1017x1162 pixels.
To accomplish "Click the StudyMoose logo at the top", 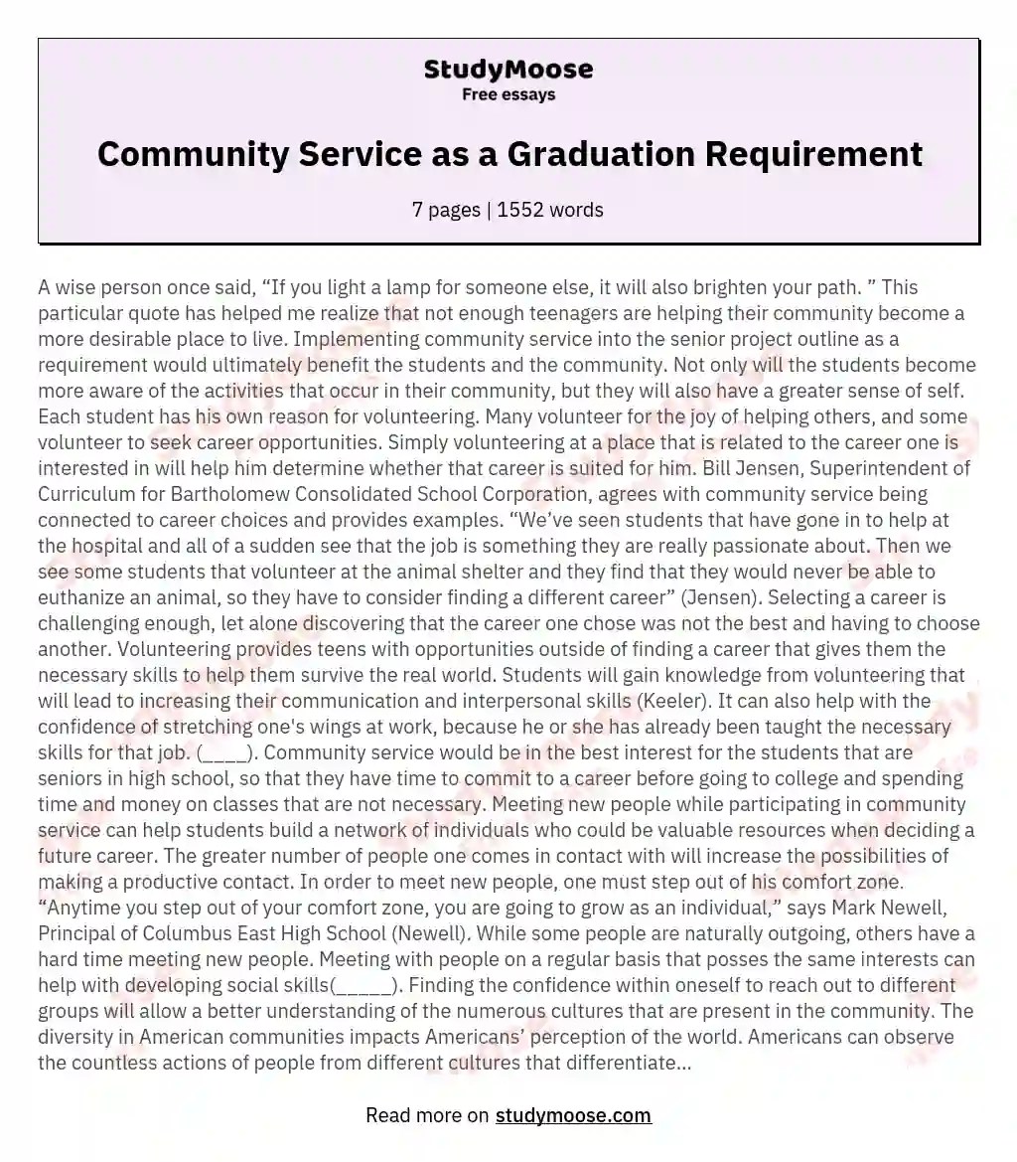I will (508, 69).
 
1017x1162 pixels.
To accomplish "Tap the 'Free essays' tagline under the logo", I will (508, 95).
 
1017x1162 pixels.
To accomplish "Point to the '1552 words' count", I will (549, 210).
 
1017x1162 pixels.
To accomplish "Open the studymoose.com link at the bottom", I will (573, 1115).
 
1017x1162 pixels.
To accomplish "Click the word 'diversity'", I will (76, 1038).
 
